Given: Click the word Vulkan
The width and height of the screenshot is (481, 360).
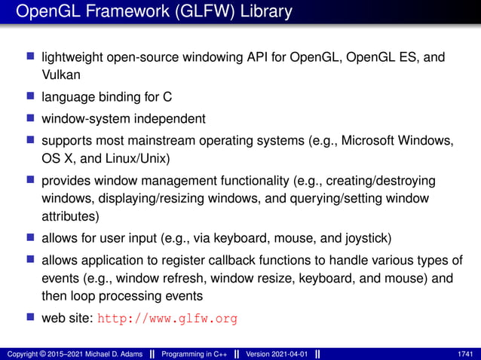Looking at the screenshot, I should [x=59, y=75].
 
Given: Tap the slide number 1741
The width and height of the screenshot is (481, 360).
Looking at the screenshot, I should [x=464, y=353].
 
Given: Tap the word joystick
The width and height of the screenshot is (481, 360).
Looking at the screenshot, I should [x=362, y=240].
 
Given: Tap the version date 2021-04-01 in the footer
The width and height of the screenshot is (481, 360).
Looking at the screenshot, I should [x=296, y=353].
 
